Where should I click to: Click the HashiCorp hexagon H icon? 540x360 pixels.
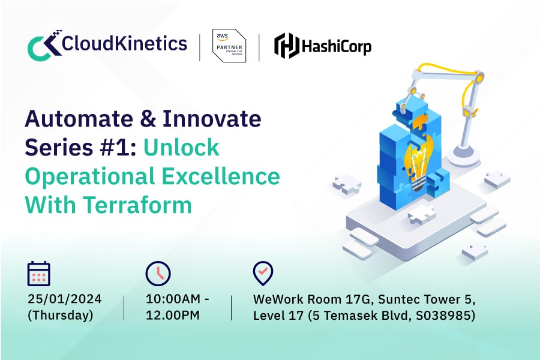pos(286,46)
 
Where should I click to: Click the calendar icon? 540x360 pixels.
pos(39,274)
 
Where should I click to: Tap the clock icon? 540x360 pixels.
pos(158,274)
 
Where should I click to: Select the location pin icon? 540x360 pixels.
pos(263,273)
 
